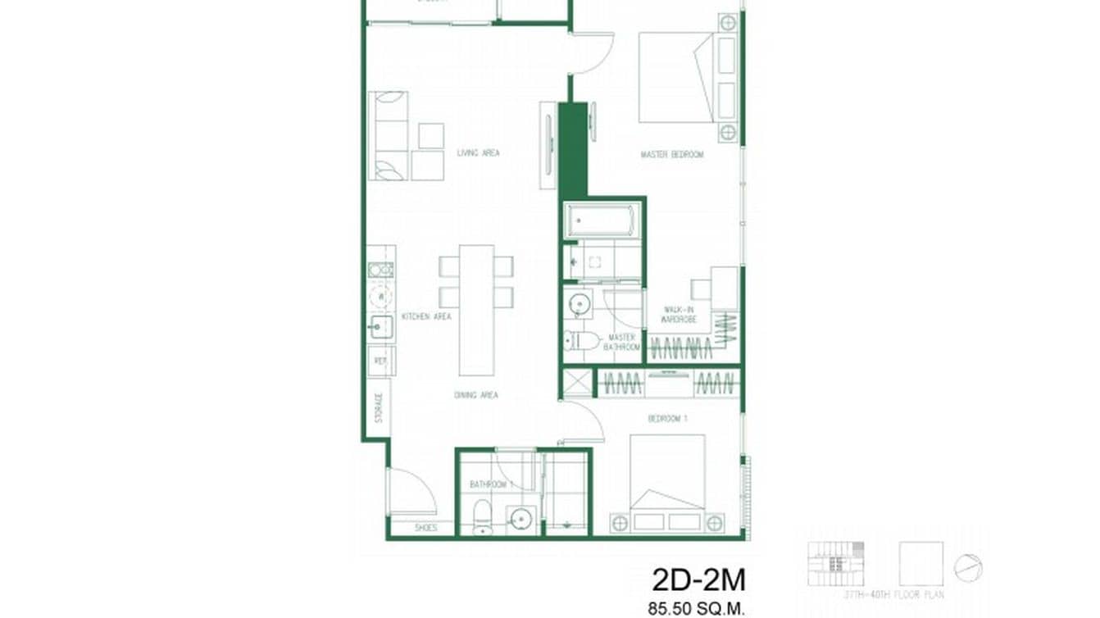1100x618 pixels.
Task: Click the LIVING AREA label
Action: point(478,152)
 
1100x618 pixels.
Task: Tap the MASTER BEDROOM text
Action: point(671,154)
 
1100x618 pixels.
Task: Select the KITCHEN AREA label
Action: point(425,316)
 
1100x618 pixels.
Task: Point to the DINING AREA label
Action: point(476,395)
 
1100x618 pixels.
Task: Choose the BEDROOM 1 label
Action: point(667,419)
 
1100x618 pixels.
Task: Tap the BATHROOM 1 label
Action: point(491,484)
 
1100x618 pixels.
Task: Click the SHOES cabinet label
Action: point(426,528)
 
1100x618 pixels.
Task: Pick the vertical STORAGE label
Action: point(379,407)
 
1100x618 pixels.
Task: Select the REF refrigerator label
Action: point(380,360)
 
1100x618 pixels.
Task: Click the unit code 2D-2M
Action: point(699,580)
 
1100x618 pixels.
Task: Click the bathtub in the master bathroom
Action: point(600,221)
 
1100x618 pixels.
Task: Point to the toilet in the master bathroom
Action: point(580,341)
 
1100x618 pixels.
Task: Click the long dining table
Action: point(476,309)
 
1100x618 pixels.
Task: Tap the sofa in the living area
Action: point(389,135)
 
